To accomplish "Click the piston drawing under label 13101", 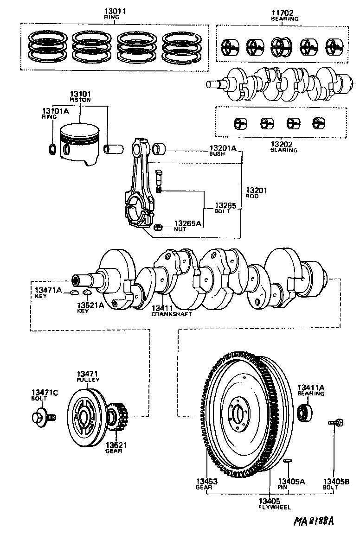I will coord(80,145).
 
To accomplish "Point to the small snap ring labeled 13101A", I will coord(53,149).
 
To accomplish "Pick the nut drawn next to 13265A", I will coord(157,227).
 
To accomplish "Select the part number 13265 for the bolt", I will coord(226,205).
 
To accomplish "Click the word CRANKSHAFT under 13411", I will coord(171,314).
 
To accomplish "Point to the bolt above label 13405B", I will coord(335,422).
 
